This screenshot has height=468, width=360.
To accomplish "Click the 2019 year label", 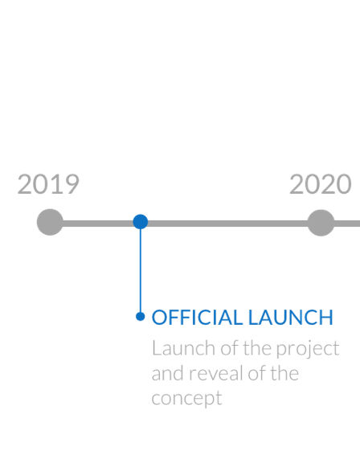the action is click(x=48, y=184).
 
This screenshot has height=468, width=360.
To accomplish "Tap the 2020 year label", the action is click(x=321, y=184).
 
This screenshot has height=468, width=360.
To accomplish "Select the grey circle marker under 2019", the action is click(x=50, y=222).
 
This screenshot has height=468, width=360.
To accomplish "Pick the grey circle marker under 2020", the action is click(x=321, y=223).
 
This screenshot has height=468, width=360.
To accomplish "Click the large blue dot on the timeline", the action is click(x=140, y=222).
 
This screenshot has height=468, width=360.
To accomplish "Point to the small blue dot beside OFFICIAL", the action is click(x=140, y=316).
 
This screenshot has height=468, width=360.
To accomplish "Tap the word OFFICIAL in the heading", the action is click(x=197, y=317).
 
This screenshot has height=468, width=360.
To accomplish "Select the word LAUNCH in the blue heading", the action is click(x=291, y=317).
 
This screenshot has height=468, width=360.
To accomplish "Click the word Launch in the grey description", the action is click(x=183, y=348).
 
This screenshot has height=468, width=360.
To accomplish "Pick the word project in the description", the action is click(x=308, y=349).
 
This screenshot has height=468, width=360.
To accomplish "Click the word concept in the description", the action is click(x=186, y=399).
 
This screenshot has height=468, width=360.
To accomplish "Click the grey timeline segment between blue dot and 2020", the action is click(x=227, y=224).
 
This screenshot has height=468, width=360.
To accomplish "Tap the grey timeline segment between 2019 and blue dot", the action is click(x=98, y=224).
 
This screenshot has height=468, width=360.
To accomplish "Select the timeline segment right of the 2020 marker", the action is click(x=347, y=224).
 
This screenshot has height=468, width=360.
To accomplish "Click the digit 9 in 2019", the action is click(x=72, y=184).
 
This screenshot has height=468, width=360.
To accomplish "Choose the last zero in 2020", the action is click(x=344, y=184).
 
